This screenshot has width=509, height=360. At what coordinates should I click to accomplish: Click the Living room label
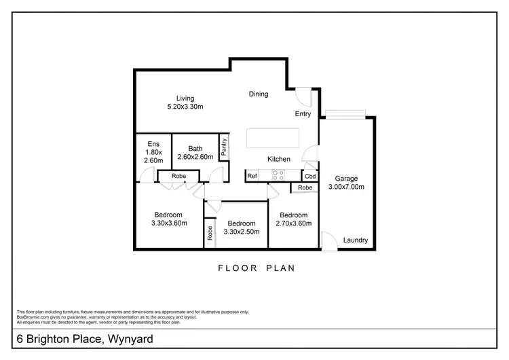pyautogui.click(x=185, y=103)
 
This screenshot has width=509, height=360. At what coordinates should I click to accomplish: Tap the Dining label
pyautogui.click(x=259, y=94)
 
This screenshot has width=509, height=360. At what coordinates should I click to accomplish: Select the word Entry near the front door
pyautogui.click(x=303, y=114)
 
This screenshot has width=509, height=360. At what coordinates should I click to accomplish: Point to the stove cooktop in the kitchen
pyautogui.click(x=278, y=175)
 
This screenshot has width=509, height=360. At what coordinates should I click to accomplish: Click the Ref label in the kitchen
pyautogui.click(x=252, y=176)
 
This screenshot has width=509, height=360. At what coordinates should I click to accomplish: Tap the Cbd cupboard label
pyautogui.click(x=309, y=176)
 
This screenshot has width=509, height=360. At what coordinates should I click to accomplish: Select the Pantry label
pyautogui.click(x=223, y=147)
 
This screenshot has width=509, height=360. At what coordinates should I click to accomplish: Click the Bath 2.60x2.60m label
pyautogui.click(x=195, y=153)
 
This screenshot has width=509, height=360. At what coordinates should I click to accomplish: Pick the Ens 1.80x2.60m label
pyautogui.click(x=154, y=151)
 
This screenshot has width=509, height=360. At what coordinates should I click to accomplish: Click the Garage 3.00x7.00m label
pyautogui.click(x=346, y=183)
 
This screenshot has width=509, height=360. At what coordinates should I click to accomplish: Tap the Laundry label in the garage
pyautogui.click(x=355, y=240)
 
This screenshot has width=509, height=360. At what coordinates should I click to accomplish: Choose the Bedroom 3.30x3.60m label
pyautogui.click(x=169, y=219)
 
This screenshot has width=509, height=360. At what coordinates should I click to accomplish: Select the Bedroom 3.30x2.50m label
pyautogui.click(x=241, y=228)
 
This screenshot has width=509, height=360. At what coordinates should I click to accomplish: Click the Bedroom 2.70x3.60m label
pyautogui.click(x=293, y=219)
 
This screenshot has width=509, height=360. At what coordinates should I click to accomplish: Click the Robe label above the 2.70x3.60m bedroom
pyautogui.click(x=305, y=187)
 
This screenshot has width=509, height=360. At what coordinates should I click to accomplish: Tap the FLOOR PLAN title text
pyautogui.click(x=257, y=268)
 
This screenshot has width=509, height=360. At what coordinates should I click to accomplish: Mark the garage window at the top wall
pyautogui.click(x=345, y=113)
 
